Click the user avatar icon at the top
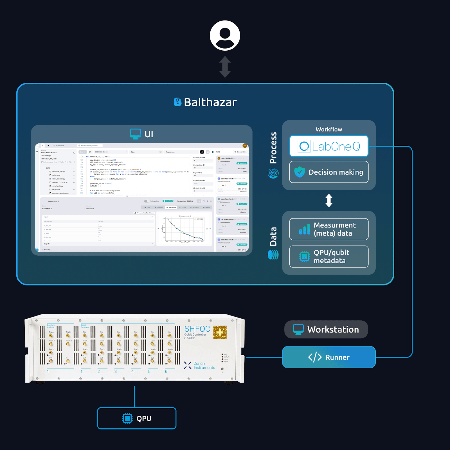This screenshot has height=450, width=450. click(x=225, y=35)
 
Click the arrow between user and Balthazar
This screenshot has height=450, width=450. click(x=225, y=67)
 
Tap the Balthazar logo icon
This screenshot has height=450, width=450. click(x=177, y=102)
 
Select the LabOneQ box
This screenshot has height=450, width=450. click(x=329, y=146)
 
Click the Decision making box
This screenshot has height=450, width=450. click(x=329, y=172)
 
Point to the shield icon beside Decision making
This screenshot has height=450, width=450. click(x=300, y=172)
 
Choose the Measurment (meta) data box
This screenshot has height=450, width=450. click(x=329, y=229)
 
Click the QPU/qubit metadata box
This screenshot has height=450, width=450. click(x=329, y=256)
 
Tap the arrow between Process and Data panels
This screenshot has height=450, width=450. click(x=329, y=201)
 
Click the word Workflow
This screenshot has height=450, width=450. click(x=329, y=129)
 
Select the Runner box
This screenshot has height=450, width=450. click(x=329, y=357)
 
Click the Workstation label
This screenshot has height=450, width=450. click(x=326, y=329)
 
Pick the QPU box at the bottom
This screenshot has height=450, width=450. click(x=137, y=418)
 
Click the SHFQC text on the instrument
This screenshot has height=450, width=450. click(x=197, y=329)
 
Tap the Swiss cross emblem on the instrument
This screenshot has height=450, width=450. click(x=220, y=332)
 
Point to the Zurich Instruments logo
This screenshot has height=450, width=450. click(x=199, y=365)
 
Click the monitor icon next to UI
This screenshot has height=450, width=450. click(x=135, y=134)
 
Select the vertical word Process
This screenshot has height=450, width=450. click(x=273, y=148)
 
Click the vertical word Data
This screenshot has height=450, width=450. click(x=273, y=237)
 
